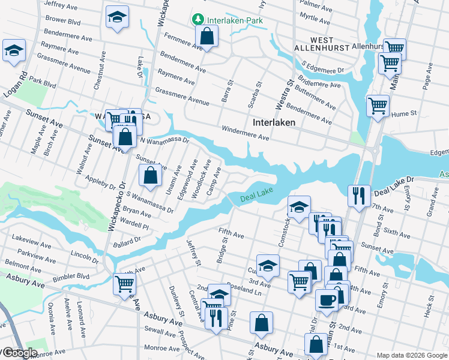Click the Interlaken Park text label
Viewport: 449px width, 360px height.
[x=235, y=20]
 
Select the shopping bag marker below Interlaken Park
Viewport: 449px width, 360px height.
[x=206, y=38]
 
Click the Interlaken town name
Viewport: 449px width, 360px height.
[x=274, y=122]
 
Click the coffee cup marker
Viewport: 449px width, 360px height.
[x=327, y=300]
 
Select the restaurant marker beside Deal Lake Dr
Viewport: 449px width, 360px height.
[x=358, y=196]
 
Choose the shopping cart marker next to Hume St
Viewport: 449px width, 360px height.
[x=378, y=107]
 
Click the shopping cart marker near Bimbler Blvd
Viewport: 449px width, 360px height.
[x=124, y=283]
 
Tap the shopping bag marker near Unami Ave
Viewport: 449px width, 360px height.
[x=150, y=176]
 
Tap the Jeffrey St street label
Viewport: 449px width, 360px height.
[x=193, y=251]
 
